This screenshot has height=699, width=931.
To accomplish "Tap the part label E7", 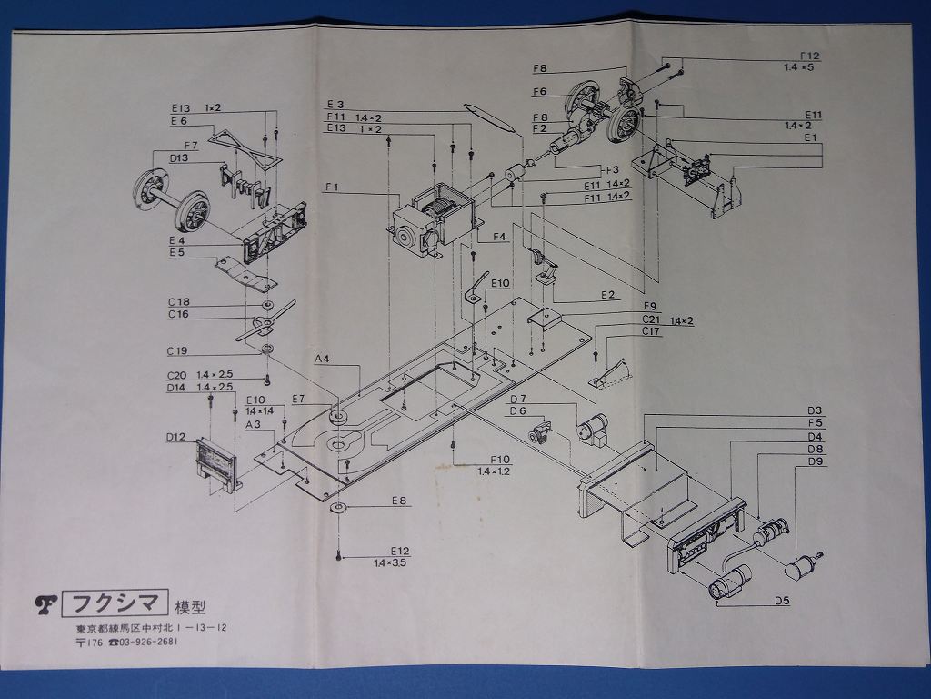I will pyautogui.click(x=297, y=399).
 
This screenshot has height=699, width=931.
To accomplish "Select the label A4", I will pyautogui.click(x=322, y=359).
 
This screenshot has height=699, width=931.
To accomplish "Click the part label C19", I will pyautogui.click(x=177, y=350).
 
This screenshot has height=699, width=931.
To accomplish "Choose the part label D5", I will pyautogui.click(x=781, y=600).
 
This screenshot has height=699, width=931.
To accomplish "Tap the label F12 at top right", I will pyautogui.click(x=809, y=56).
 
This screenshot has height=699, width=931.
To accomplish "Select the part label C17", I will pyautogui.click(x=650, y=332).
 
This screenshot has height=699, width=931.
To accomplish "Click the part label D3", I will pyautogui.click(x=814, y=410).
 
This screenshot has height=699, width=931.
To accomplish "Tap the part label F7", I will pyautogui.click(x=191, y=146).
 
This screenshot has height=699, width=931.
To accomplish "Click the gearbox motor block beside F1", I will pyautogui.click(x=432, y=220).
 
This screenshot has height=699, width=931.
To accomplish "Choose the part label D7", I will pyautogui.click(x=518, y=398).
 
